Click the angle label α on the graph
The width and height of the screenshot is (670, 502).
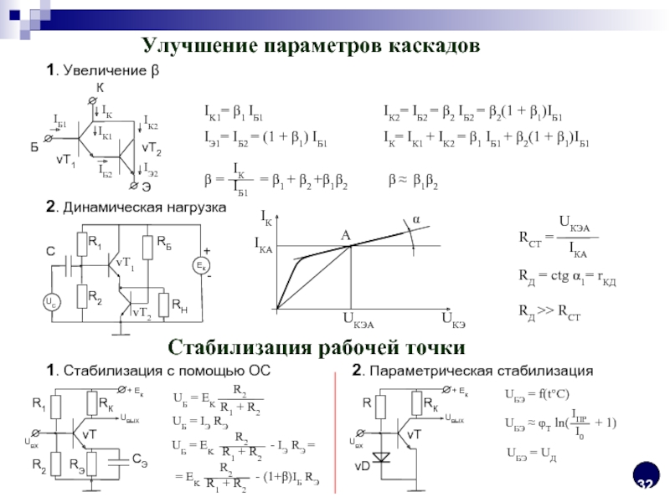click(x=412, y=218)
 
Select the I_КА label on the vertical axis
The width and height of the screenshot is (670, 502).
click(x=263, y=244)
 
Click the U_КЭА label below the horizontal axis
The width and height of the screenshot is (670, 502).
click(x=357, y=322)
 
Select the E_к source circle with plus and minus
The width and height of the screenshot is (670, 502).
click(x=201, y=265)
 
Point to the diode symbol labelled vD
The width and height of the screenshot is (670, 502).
click(x=383, y=458)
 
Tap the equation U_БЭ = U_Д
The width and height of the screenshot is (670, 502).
click(x=532, y=453)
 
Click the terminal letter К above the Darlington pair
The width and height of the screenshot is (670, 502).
click(x=100, y=88)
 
